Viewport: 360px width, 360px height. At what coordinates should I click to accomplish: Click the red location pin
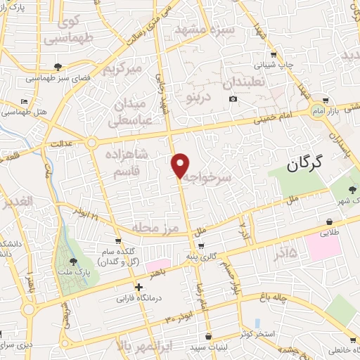click(180, 166)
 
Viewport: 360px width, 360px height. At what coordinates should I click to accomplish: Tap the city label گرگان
click(304, 164)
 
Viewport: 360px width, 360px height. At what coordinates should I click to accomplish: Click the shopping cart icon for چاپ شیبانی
click(273, 53)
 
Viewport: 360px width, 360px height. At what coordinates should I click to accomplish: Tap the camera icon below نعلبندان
click(233, 98)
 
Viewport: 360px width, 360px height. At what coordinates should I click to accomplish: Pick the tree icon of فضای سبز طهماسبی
click(56, 67)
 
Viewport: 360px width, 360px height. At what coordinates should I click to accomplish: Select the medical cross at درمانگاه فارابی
click(139, 287)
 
